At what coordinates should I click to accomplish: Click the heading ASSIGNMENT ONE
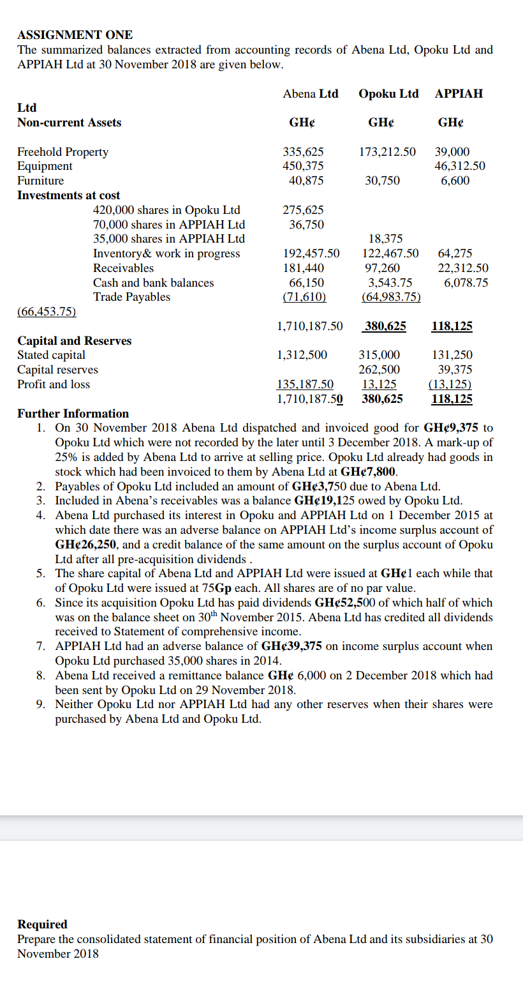click(75, 34)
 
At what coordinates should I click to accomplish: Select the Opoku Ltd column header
click(388, 94)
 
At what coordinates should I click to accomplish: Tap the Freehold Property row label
click(63, 152)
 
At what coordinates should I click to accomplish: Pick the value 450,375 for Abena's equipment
click(303, 166)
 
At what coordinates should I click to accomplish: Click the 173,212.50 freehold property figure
click(387, 152)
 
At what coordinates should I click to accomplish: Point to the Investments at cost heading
click(68, 195)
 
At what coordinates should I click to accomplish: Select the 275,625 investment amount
click(303, 210)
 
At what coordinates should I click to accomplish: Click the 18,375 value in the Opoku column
click(386, 239)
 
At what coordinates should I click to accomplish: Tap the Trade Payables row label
click(131, 297)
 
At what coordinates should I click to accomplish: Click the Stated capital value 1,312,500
click(302, 355)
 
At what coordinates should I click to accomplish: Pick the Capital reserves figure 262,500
click(379, 370)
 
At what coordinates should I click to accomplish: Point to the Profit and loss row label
click(54, 384)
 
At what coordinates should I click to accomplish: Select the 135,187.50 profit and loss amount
click(305, 384)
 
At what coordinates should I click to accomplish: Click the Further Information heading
click(73, 414)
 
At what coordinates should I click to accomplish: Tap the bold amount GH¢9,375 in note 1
click(451, 428)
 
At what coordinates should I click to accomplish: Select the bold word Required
click(42, 925)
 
